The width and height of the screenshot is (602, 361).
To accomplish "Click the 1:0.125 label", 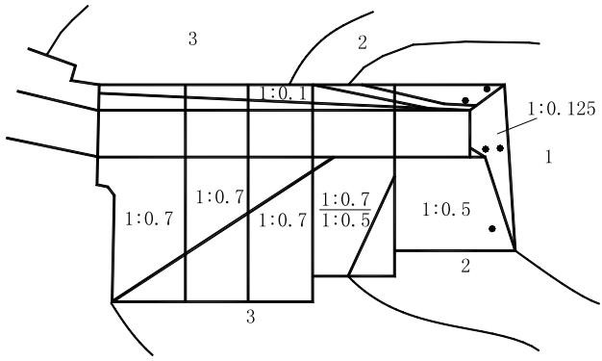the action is (562, 109).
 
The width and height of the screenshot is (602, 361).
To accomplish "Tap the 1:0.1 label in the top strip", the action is (284, 93).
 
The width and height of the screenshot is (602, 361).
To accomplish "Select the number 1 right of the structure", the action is (549, 157).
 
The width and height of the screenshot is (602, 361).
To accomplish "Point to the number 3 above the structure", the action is (192, 39).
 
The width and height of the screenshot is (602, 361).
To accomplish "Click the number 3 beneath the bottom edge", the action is (250, 317).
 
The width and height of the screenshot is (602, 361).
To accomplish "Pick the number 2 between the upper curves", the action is (363, 42).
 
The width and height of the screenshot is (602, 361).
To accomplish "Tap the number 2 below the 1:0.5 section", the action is (465, 266).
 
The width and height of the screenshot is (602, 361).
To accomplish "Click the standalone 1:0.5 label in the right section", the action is (446, 210).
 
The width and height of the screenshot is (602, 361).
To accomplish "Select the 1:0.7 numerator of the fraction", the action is (345, 199).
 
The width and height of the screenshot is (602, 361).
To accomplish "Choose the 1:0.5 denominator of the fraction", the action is (345, 220).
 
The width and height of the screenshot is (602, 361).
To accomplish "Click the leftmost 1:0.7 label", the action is (149, 219).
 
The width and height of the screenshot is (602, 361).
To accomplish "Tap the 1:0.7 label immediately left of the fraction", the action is (283, 220).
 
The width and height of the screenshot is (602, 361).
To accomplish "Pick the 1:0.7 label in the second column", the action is (220, 197).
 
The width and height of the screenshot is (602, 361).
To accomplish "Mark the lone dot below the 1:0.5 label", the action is (492, 229).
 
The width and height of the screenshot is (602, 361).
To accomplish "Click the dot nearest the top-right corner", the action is (487, 89).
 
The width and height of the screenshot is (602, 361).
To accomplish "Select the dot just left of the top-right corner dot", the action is (465, 101).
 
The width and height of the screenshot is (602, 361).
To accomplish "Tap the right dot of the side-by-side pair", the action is (500, 148).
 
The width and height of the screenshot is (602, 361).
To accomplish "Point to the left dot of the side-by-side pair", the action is (486, 149).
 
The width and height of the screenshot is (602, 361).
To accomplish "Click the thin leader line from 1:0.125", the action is (517, 126).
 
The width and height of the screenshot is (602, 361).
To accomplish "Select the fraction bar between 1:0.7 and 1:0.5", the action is (345, 210).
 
